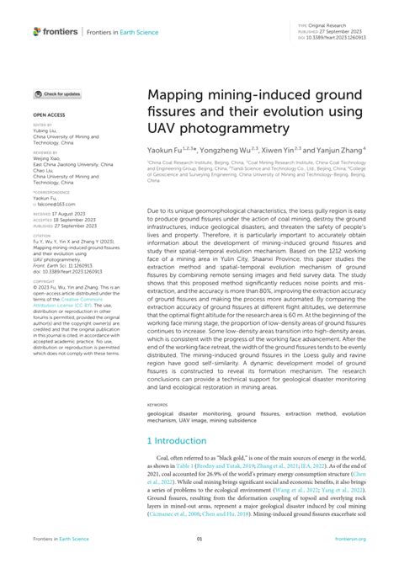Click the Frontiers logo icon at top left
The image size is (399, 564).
point(38,31)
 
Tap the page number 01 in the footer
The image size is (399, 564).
point(199,539)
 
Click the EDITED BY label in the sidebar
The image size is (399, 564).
point(42,125)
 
